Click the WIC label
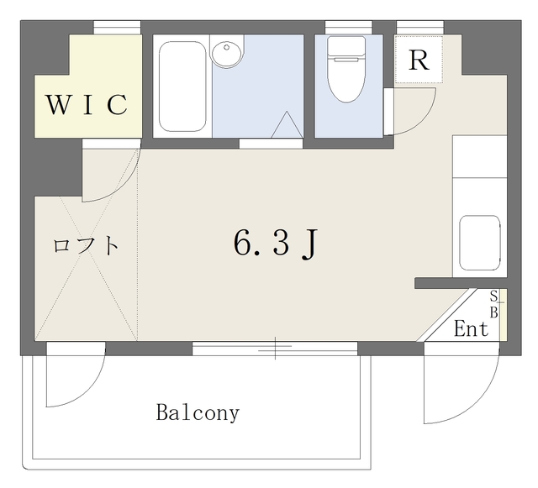[87, 104]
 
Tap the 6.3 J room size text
[275, 244]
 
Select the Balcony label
[198, 412]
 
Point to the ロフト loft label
[86, 245]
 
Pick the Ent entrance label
[471, 328]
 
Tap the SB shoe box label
[493, 304]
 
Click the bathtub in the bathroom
[182, 87]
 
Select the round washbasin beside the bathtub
[227, 52]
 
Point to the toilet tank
[346, 46]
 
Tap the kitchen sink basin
[480, 243]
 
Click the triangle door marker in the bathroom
[287, 124]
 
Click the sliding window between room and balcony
[275, 348]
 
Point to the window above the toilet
[349, 28]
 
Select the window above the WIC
[118, 28]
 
